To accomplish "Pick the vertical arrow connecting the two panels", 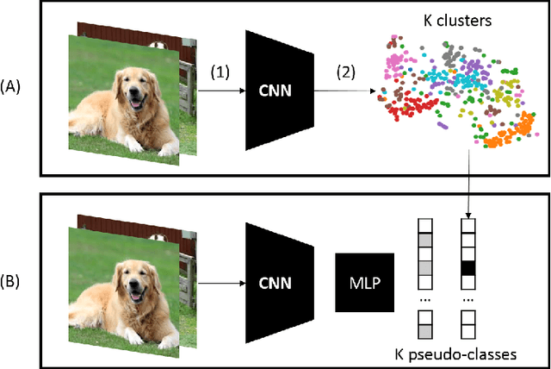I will pyautogui.click(x=468, y=185).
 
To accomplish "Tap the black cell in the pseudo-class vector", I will pyautogui.click(x=468, y=266).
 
